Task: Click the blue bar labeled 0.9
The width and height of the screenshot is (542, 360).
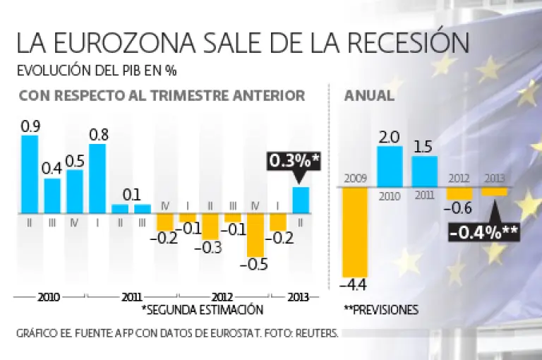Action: point(30,173)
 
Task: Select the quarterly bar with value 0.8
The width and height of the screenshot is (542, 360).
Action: point(97,178)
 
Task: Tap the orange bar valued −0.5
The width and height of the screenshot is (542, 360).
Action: point(255,235)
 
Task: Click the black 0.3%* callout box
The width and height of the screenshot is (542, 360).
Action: point(294,162)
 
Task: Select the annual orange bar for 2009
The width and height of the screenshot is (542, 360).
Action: point(355,233)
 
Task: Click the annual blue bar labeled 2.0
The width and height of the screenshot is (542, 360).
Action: point(390,167)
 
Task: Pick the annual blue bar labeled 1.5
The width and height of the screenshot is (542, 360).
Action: point(424,172)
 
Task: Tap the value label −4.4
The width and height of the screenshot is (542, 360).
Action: point(354,286)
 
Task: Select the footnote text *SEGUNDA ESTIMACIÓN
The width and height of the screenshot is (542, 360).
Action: point(202,309)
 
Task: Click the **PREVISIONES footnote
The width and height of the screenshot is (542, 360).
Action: point(382,309)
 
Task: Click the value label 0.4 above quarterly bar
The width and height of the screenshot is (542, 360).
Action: point(52,169)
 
